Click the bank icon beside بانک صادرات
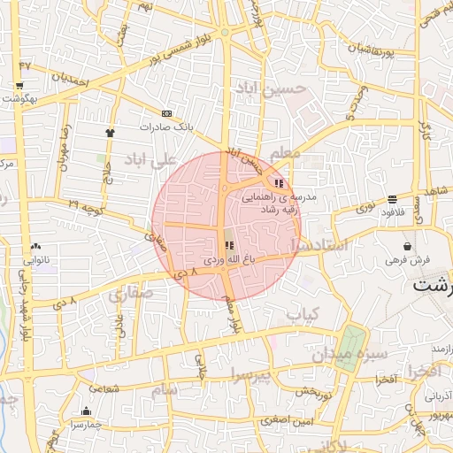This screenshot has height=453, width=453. [166, 113]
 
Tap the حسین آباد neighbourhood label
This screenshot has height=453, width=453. [270, 88]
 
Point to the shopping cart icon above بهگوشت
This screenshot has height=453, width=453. [19, 86]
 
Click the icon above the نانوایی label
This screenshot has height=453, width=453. [35, 246]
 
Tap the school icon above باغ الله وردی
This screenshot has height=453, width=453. [229, 244]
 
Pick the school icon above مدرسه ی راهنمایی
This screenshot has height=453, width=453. [280, 183]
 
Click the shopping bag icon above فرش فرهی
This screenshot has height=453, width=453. [407, 246]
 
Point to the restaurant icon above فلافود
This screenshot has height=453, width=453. [392, 199]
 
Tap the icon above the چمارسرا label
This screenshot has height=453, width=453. [86, 411]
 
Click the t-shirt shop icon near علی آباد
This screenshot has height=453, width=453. [110, 132]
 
